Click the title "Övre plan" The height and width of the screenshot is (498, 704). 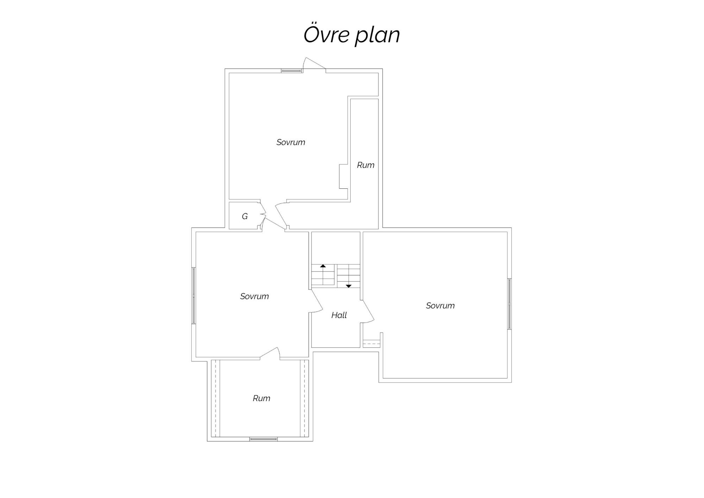coord(352,35)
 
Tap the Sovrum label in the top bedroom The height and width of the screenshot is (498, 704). coord(291,142)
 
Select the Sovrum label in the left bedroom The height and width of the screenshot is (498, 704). coord(254,296)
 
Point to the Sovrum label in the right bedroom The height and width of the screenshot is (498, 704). coord(440,305)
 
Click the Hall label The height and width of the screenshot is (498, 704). coord(339,315)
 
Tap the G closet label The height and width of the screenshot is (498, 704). coord(245,216)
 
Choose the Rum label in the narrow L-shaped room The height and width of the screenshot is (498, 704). coord(366,165)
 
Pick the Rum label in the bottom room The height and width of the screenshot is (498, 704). coord(262,398)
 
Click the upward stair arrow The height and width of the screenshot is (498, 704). coord(323,266)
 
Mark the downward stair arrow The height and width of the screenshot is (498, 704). coord(348,286)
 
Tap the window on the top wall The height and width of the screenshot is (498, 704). coord(291,71)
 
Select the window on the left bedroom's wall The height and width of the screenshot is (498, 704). coord(193,295)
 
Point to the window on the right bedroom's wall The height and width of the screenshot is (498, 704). coord(509,304)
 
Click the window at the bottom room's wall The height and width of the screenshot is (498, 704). coord(263,439)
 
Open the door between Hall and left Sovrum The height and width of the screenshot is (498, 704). coord(316,301)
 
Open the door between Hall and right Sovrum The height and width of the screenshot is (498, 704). coord(367,311)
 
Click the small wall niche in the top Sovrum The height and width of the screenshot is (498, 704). coord(344,176)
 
